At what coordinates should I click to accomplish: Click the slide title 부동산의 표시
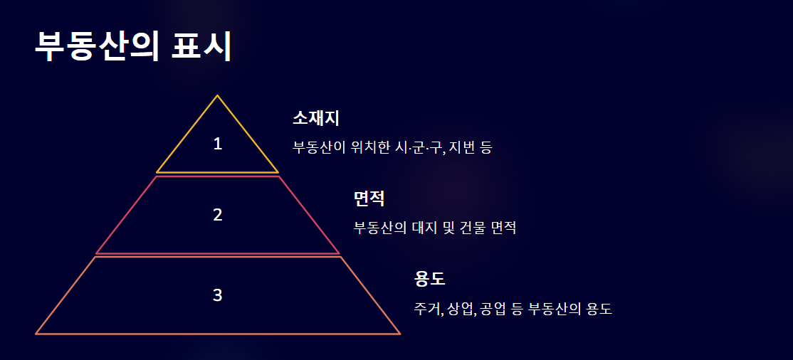(x=133, y=47)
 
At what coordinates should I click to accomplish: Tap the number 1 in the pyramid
(x=218, y=144)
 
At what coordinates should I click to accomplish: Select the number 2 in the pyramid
(x=218, y=214)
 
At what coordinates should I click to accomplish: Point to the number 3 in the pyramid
(x=218, y=295)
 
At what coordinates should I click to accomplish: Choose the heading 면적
(x=369, y=198)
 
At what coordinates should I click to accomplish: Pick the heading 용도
(x=429, y=279)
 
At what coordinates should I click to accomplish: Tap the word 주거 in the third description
(x=429, y=309)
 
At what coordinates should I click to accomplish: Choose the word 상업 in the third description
(x=461, y=309)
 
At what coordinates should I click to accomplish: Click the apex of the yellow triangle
(x=217, y=95)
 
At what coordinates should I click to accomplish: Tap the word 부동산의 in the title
(x=97, y=47)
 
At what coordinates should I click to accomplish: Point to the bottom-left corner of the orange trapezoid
(x=36, y=333)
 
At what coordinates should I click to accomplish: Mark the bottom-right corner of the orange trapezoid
(x=399, y=333)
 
